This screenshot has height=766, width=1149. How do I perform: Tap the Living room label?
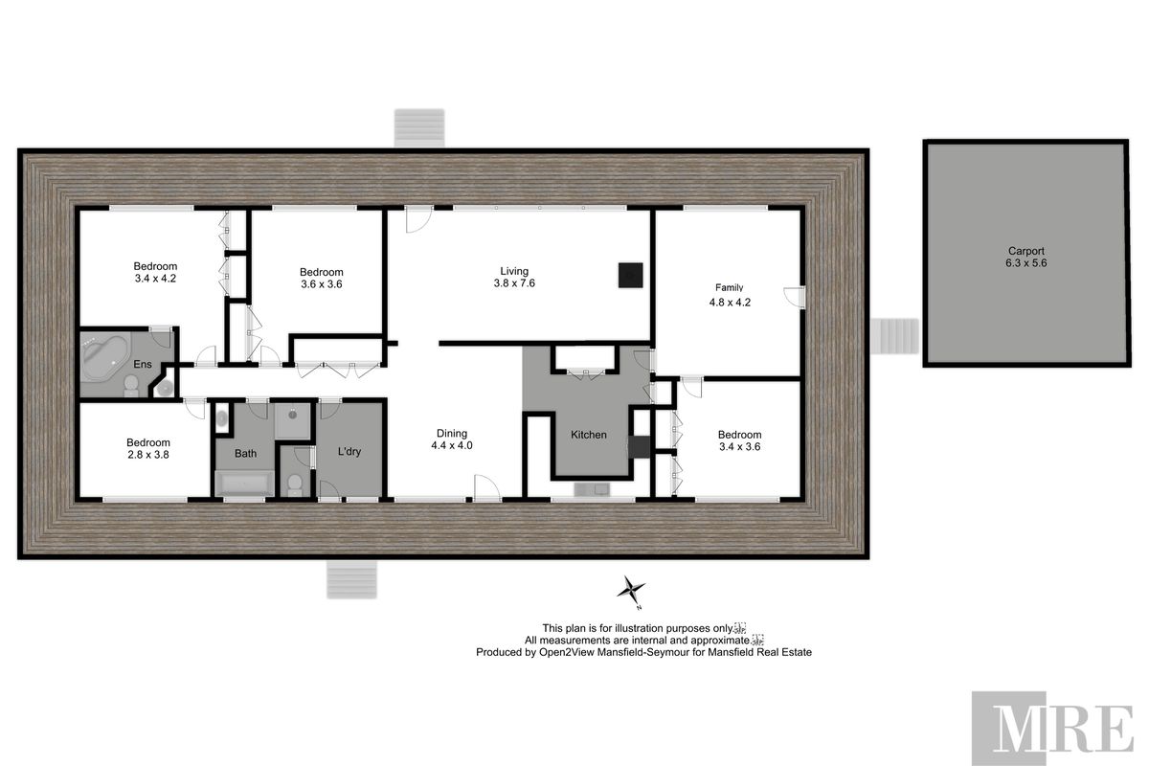point(510,271)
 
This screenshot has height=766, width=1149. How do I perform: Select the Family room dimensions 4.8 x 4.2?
point(730,302)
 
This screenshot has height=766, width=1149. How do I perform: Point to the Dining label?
point(452,432)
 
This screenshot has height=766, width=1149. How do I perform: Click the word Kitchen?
point(588,435)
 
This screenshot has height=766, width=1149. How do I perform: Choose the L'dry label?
point(348,451)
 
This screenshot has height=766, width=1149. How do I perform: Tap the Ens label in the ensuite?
point(142,364)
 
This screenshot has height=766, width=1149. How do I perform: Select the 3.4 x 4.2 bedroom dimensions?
point(155,279)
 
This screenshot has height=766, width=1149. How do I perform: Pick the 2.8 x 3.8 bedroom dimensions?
point(147,455)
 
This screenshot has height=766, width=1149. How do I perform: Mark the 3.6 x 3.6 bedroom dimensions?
point(321,284)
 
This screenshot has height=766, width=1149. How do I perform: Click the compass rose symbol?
point(631,591)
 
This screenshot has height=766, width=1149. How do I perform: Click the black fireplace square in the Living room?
point(629,275)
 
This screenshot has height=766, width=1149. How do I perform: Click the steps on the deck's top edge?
point(420,127)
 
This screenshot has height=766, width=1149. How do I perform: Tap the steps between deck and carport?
point(898,337)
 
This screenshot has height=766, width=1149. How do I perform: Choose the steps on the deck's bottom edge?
point(353,578)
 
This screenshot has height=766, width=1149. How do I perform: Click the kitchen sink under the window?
point(589,490)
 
